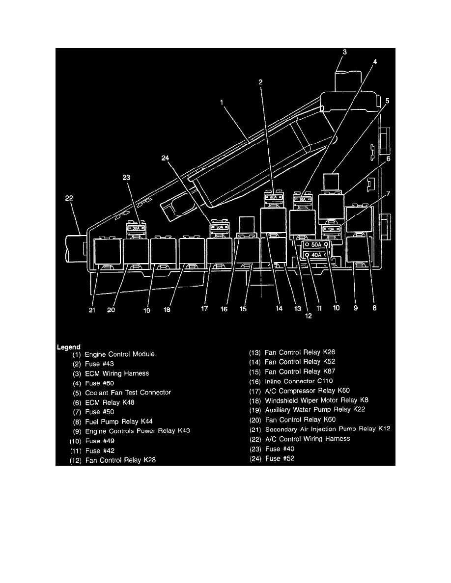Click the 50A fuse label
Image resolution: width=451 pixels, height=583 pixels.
point(316,245)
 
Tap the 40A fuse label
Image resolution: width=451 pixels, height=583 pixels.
point(316,255)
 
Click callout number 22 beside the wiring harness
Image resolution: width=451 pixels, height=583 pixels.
point(69,198)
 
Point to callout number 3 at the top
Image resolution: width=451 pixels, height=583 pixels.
point(344,52)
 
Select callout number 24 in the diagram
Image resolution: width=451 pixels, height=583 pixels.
point(165,158)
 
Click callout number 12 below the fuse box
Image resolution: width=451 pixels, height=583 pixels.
point(308,316)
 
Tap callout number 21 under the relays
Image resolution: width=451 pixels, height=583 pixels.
point(92,310)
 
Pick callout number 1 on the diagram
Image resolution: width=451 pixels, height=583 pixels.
point(222,102)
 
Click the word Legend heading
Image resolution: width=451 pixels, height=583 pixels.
point(68,347)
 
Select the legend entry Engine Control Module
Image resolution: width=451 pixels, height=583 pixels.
point(119,354)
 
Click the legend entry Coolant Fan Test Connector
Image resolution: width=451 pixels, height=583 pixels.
point(128,393)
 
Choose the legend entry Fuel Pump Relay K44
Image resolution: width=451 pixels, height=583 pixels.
point(119,422)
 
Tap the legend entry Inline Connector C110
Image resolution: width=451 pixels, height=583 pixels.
point(299,381)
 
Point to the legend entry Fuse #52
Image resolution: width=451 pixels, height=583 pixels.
point(280,458)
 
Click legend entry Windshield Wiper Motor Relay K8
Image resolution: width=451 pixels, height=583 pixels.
point(317,400)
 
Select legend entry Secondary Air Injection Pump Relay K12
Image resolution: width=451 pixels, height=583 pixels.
point(328,429)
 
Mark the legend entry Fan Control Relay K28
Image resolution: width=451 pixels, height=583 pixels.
point(120,460)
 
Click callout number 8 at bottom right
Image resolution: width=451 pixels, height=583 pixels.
point(374,308)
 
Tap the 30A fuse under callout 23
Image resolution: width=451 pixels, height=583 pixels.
point(136,228)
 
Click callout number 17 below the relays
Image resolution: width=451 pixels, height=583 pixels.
point(204,309)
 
